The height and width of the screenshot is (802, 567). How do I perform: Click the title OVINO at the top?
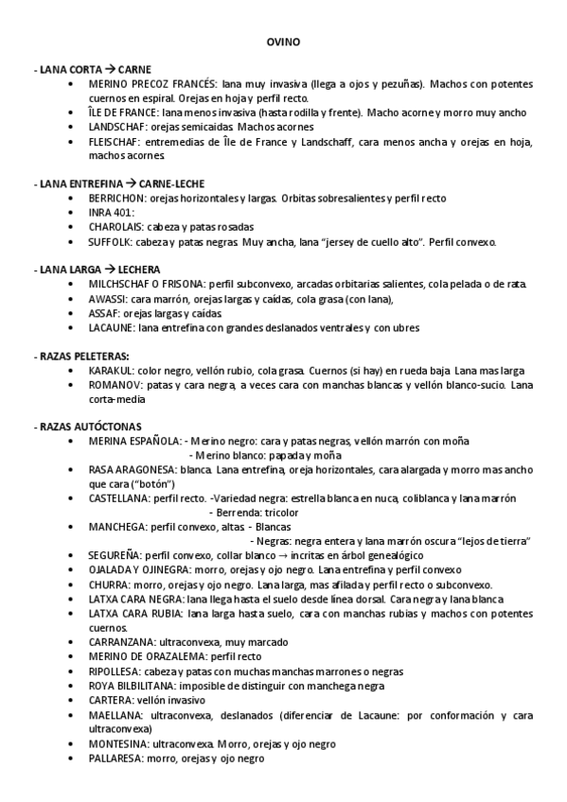click(x=283, y=43)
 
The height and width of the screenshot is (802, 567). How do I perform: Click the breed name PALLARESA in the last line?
click(x=114, y=758)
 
